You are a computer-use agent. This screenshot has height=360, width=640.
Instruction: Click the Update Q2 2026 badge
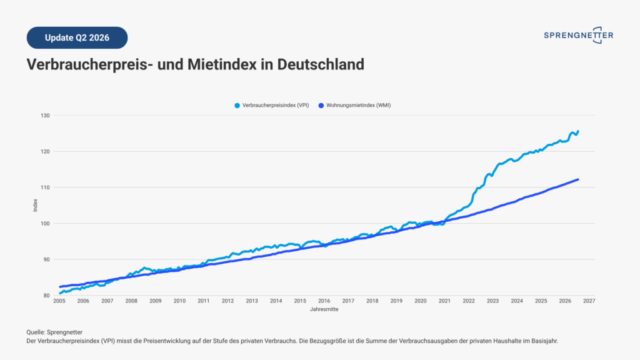pyautogui.click(x=77, y=37)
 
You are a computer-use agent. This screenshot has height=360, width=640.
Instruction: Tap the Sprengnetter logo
pyautogui.click(x=578, y=36)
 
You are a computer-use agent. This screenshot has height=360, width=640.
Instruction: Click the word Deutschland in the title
pyautogui.click(x=321, y=64)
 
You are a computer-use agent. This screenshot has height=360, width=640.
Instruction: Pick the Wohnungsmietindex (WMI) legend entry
pyautogui.click(x=354, y=105)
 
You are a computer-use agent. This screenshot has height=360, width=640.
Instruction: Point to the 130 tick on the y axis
pyautogui.click(x=45, y=116)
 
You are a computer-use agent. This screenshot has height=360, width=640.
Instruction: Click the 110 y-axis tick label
pyautogui.click(x=45, y=187)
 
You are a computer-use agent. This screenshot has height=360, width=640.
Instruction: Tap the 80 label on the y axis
pyautogui.click(x=46, y=296)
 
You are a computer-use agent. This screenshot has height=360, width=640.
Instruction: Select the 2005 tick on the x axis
pyautogui.click(x=59, y=301)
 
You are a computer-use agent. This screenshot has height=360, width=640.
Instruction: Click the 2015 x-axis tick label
pyautogui.click(x=300, y=301)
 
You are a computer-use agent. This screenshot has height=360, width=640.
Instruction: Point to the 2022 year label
pyautogui.click(x=469, y=301)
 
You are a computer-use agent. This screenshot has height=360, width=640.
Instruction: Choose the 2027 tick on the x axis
pyautogui.click(x=589, y=301)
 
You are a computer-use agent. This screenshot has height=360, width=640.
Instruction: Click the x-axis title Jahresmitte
pyautogui.click(x=324, y=309)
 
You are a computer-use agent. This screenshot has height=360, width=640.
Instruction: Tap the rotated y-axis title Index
pyautogui.click(x=35, y=205)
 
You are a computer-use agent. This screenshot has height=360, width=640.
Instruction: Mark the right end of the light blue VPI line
pyautogui.click(x=578, y=131)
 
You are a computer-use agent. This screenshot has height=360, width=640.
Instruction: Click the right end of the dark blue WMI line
pyautogui.click(x=578, y=179)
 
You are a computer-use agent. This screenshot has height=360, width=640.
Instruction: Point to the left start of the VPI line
pyautogui.click(x=60, y=293)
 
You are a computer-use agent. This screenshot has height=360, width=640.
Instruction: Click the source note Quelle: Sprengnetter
pyautogui.click(x=54, y=332)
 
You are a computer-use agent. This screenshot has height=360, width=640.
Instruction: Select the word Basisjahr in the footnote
pyautogui.click(x=544, y=341)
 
